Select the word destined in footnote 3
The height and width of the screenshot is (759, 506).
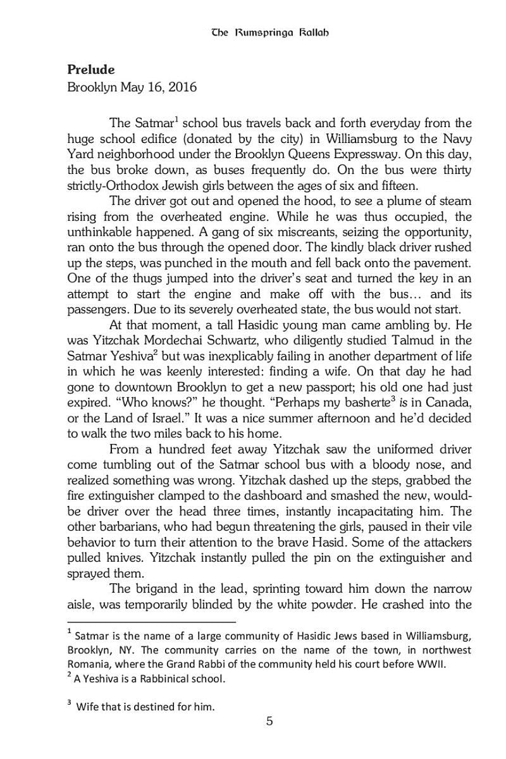click(x=159, y=707)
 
